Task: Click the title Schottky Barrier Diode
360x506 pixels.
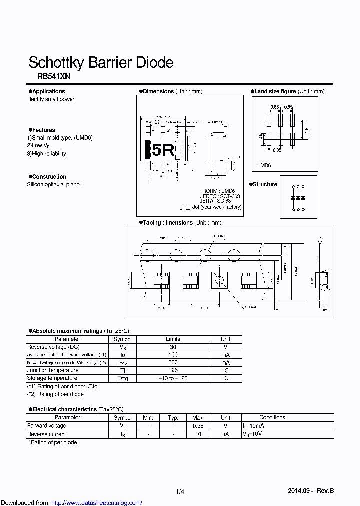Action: pyautogui.click(x=101, y=63)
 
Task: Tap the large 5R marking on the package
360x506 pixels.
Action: pyautogui.click(x=162, y=150)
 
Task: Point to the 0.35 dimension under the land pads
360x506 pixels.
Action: pyautogui.click(x=277, y=149)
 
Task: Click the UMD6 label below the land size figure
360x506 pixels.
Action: pyautogui.click(x=264, y=165)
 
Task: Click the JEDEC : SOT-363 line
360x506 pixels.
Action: pyautogui.click(x=221, y=196)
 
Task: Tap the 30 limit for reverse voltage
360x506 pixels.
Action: pyautogui.click(x=173, y=347)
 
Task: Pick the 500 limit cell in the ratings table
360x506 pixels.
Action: pyautogui.click(x=173, y=362)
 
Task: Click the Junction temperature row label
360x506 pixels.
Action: pyautogui.click(x=53, y=370)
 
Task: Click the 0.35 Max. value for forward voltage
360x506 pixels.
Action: pyautogui.click(x=197, y=426)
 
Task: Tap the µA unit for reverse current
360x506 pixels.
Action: pyautogui.click(x=225, y=434)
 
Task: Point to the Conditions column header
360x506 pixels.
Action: pyautogui.click(x=272, y=417)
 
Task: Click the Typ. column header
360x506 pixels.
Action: pyautogui.click(x=173, y=417)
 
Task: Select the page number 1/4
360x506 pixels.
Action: pyautogui.click(x=180, y=492)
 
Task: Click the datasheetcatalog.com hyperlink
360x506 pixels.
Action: pyautogui.click(x=97, y=502)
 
